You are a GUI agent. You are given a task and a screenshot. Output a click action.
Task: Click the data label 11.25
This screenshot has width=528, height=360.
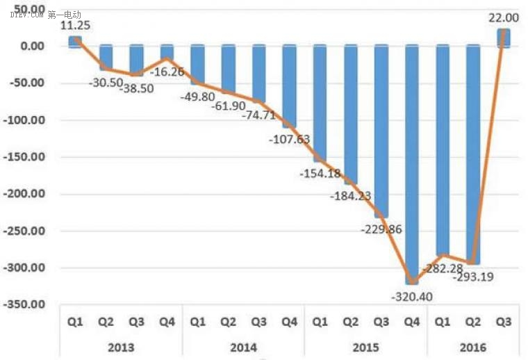pos(74,25)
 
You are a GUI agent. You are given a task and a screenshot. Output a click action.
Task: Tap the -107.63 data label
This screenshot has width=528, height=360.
pos(289,138)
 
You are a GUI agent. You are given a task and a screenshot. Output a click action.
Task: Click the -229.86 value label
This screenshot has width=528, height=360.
pos(381,228)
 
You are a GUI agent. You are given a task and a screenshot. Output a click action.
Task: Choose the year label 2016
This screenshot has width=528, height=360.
pos(472,347)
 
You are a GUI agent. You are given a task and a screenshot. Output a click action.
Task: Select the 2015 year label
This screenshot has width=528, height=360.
pos(365,347)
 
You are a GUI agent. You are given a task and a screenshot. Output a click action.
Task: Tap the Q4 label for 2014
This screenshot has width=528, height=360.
pos(289,322)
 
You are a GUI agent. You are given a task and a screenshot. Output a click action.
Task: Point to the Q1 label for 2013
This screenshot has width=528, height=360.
pos(76,322)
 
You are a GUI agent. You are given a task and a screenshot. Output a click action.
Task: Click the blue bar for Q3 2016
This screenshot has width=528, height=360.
pos(503,38)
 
